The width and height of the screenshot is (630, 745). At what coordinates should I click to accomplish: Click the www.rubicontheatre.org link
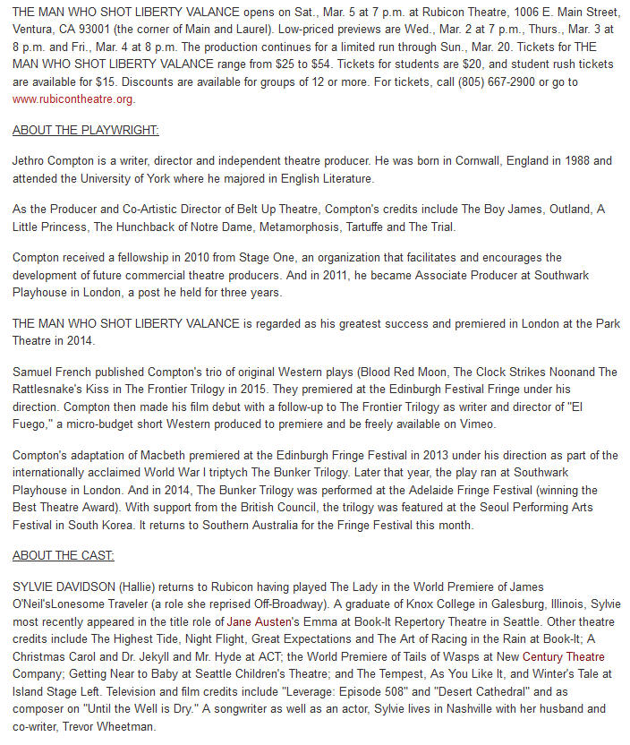(x=72, y=98)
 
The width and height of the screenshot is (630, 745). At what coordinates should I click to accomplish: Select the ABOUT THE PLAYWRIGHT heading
(x=85, y=130)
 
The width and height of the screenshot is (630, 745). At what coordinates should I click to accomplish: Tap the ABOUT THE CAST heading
(x=63, y=555)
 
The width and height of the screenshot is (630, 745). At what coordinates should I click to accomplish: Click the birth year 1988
(x=569, y=161)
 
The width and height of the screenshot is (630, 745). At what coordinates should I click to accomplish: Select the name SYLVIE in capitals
(x=33, y=587)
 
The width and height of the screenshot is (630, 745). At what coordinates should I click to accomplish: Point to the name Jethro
(x=30, y=161)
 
